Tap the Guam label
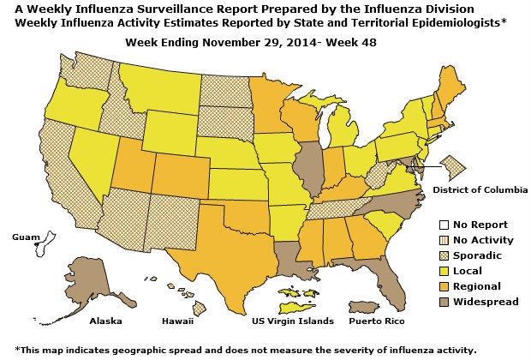pos(27,234)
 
